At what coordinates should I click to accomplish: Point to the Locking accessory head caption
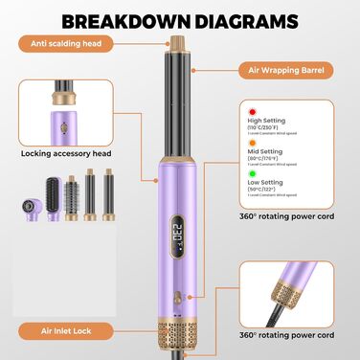pos(63,152)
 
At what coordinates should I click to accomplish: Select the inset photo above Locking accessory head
pos(63,108)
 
